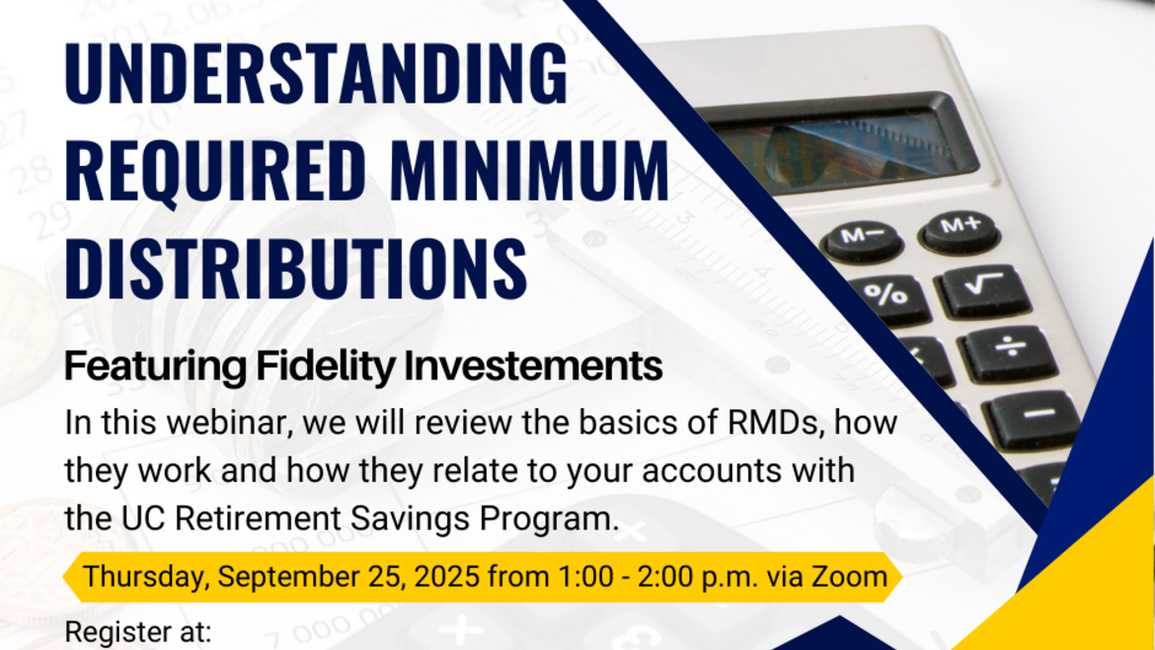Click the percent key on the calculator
coord(885,293)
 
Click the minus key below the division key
coord(1036,414)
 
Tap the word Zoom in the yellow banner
coord(849,576)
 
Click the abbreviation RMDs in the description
coord(783,423)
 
